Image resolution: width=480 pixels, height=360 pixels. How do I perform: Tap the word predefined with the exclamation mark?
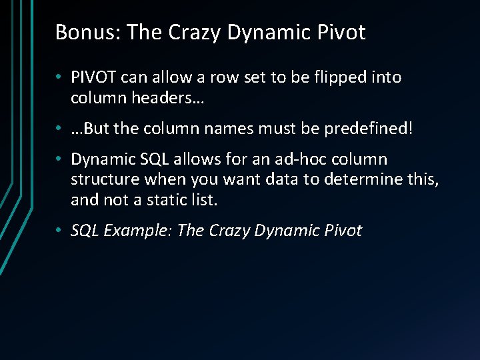pos(369,129)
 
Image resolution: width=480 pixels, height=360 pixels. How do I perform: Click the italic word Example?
pos(138,231)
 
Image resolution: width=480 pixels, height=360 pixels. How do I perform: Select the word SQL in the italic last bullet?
pos(85,231)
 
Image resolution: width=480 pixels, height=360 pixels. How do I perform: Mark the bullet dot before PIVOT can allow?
pos(59,78)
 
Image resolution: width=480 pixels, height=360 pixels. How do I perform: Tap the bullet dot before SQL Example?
pos(59,231)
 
